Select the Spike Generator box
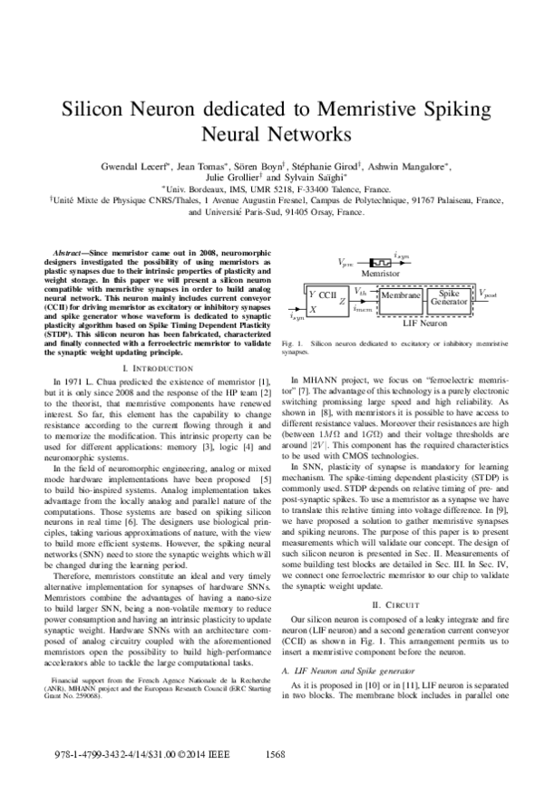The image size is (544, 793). (x=448, y=296)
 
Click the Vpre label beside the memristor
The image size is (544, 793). (x=347, y=261)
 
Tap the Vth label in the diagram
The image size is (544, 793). (x=360, y=292)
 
